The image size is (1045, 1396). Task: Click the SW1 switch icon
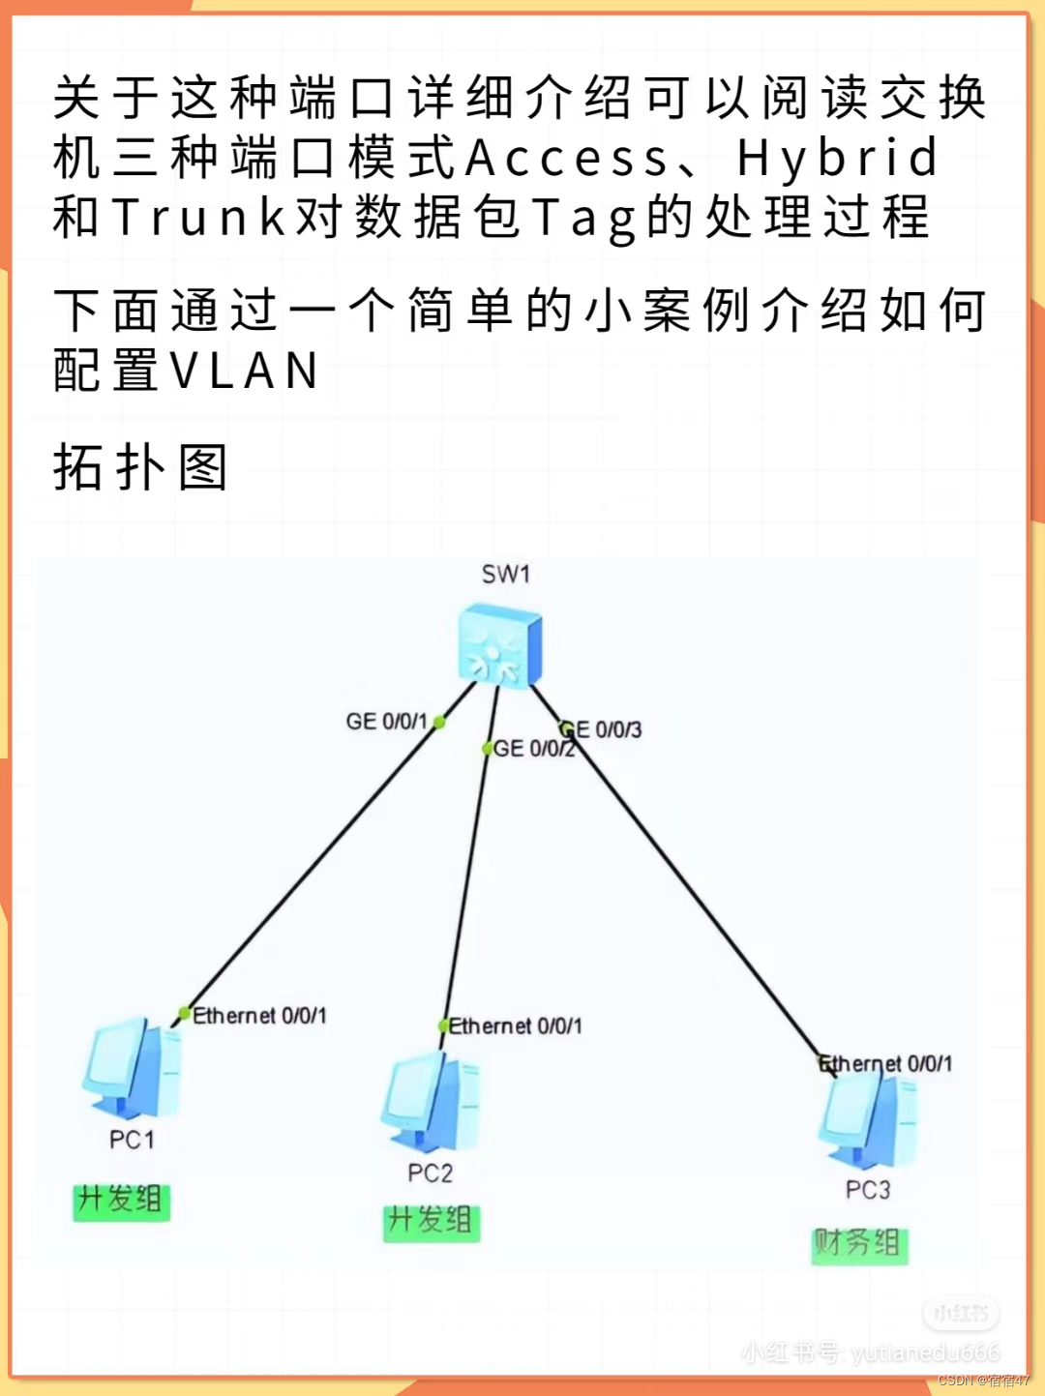point(499,644)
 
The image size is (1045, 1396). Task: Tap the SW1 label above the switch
point(506,575)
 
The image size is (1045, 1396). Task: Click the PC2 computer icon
point(432,1102)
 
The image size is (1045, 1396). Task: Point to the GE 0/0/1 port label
point(386,722)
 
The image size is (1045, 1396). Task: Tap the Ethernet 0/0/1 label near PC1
point(259,1016)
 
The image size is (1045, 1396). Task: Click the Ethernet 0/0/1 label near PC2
point(516,1026)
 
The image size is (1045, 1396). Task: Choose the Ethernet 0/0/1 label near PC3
point(886,1064)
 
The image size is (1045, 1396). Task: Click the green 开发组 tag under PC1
point(121,1201)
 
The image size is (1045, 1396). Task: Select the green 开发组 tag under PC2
point(431,1222)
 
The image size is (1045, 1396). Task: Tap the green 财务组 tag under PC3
point(858,1243)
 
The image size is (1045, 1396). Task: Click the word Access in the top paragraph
point(567,159)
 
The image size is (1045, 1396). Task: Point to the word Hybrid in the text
point(837,159)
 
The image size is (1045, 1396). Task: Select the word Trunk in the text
point(199,218)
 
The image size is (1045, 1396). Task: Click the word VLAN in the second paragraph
point(244,371)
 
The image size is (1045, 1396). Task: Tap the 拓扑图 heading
point(140,468)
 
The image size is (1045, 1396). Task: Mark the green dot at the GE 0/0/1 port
point(439,722)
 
